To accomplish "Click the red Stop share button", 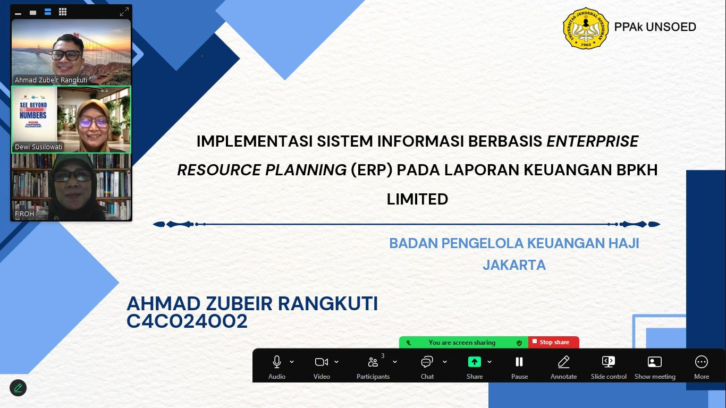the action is coord(554,342).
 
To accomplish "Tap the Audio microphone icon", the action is coord(277,362).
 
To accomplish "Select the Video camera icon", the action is coord(322,362).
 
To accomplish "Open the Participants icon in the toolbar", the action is coord(373,362).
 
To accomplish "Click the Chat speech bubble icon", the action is coord(427,362).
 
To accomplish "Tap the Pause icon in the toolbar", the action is coord(519,362).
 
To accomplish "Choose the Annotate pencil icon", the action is coord(563,362).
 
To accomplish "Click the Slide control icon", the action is coord(609,362).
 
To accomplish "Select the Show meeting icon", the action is coord(655,362).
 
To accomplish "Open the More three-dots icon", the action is coord(702,362).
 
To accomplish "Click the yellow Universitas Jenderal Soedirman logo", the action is coord(586,28).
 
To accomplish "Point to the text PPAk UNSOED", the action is coord(655,27).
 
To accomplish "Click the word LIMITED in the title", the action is coord(417,199).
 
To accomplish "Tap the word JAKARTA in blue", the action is coord(514,265).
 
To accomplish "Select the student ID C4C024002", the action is coord(187,321).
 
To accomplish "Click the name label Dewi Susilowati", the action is coord(39,147).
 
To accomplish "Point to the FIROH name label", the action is coord(24,214).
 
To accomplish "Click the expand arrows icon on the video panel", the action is coord(124,12).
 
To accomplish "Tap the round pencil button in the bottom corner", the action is coord(18,388).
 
